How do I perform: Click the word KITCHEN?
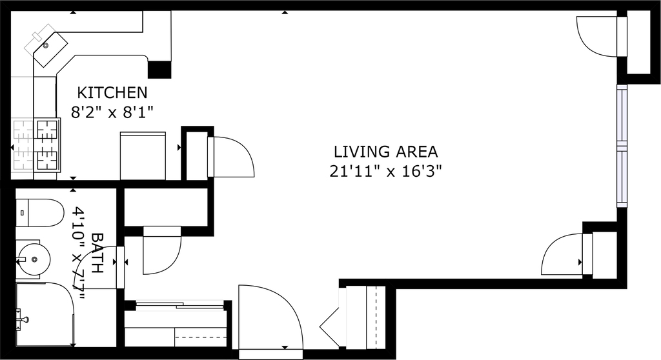coord(112,92)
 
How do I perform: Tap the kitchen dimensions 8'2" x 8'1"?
coord(112,112)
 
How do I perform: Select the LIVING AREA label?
coord(386,152)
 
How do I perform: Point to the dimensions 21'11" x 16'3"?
coord(385,172)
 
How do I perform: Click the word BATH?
coord(97,253)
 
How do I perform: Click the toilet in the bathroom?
coord(39,213)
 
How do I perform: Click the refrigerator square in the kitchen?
coord(143,156)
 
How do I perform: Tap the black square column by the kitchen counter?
coord(159,70)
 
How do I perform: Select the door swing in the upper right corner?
coord(596,36)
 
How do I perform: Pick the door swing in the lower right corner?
coord(562,255)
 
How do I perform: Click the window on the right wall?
coord(622,146)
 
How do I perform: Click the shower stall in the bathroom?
coord(45,315)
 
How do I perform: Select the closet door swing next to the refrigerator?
coord(231,156)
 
